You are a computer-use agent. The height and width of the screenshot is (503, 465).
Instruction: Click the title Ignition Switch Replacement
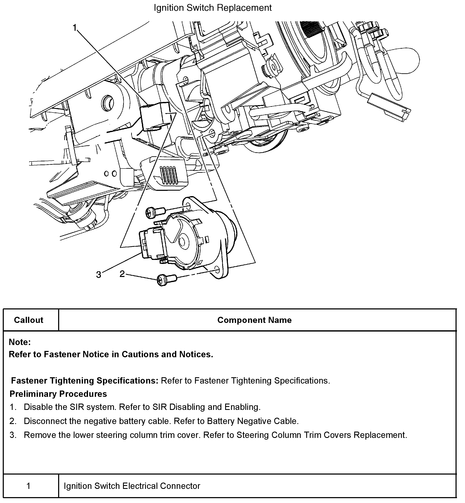pyautogui.click(x=213, y=8)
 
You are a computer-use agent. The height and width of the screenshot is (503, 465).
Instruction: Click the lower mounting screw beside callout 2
pyautogui.click(x=166, y=280)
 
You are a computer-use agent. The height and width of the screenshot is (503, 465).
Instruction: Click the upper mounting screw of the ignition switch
pyautogui.click(x=155, y=212)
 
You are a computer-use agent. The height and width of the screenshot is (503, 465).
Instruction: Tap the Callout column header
pyautogui.click(x=29, y=320)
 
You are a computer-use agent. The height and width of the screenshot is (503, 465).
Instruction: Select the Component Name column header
pyautogui.click(x=254, y=320)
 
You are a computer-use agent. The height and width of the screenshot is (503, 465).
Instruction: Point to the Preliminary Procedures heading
pyautogui.click(x=58, y=394)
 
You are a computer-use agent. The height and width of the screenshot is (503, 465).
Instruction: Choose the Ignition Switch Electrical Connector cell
pyautogui.click(x=132, y=486)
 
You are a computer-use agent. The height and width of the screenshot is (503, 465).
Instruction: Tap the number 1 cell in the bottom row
pyautogui.click(x=28, y=486)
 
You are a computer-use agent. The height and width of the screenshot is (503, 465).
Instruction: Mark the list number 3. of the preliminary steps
pyautogui.click(x=13, y=435)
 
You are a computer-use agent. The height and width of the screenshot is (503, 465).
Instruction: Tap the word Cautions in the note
pyautogui.click(x=140, y=354)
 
